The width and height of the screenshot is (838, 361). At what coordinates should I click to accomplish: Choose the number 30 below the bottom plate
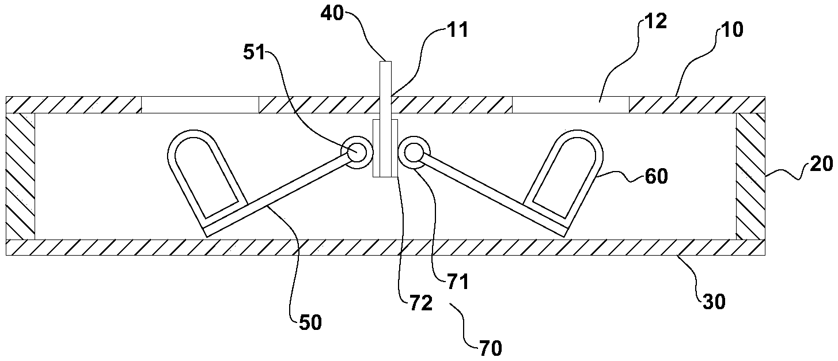click(x=714, y=302)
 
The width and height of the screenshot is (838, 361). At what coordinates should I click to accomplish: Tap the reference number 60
click(x=656, y=176)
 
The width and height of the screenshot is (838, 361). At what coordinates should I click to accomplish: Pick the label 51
click(x=255, y=52)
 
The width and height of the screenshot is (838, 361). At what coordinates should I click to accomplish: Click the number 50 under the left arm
click(x=310, y=322)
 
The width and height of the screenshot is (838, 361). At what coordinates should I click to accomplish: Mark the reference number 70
click(x=489, y=347)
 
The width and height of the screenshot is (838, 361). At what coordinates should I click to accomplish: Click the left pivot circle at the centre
click(x=355, y=153)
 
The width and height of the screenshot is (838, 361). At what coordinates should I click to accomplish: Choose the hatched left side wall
click(x=20, y=176)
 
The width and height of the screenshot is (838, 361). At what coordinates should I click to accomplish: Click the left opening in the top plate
click(x=199, y=105)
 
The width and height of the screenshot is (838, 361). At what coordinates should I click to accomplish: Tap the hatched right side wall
click(x=750, y=176)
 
